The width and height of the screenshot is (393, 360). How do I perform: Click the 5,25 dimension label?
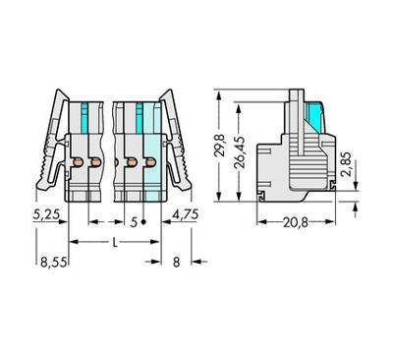point(46,214)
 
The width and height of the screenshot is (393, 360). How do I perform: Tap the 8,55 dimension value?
point(54,263)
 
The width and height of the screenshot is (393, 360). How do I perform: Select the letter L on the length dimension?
point(115,243)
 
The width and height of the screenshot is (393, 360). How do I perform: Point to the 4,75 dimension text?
point(186,214)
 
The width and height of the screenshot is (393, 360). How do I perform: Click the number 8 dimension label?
point(176,263)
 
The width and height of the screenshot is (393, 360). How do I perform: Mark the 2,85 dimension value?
point(346,164)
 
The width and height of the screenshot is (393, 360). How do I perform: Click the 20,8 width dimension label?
point(296,223)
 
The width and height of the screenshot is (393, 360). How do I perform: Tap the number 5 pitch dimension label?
point(134,222)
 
